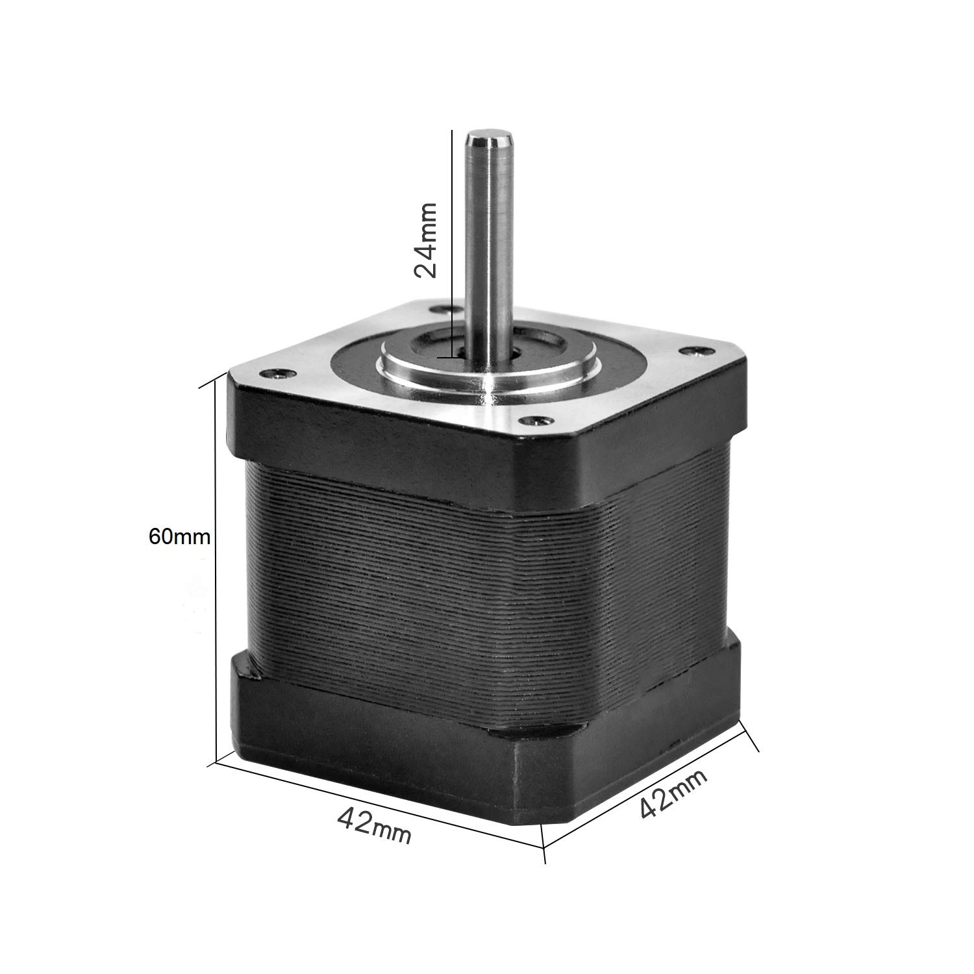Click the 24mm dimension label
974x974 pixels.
427,240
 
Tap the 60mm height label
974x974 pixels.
179,536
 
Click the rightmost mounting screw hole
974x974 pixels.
690,351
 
